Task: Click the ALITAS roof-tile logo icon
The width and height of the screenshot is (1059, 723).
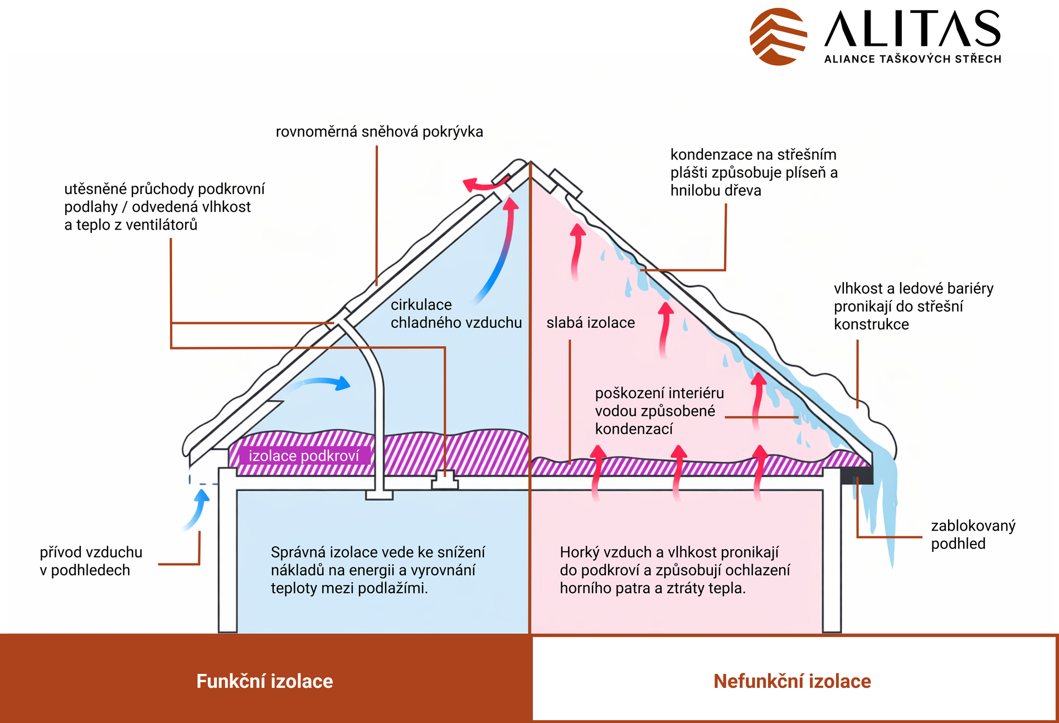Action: pos(778,36)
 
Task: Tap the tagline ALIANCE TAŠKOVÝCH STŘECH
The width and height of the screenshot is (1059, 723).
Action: pos(912,59)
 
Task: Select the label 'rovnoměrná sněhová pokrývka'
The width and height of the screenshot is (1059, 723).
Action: pos(379,132)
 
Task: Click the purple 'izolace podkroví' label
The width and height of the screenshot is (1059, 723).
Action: pos(304,456)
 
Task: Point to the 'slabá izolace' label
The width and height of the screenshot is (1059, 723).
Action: pos(590,323)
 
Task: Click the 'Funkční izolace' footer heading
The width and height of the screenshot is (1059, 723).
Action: pos(264,681)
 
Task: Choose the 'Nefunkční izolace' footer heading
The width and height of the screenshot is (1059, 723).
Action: pos(792,681)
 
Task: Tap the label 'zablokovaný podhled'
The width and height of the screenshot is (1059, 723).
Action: pos(973,535)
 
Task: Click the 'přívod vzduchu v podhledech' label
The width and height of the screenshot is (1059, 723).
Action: pos(91,561)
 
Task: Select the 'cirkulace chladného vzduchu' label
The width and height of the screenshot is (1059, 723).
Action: pos(456,314)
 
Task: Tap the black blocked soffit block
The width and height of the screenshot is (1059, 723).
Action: pos(857,475)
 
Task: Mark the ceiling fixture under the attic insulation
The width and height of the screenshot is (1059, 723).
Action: pos(445,480)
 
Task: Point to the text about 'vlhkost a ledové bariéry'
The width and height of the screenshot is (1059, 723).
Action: pos(913,306)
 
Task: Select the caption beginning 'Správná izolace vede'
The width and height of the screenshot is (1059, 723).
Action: pos(377,570)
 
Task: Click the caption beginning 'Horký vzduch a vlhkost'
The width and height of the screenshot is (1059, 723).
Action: pos(674,570)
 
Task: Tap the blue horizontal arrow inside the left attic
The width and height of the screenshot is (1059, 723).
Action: pos(323,382)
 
